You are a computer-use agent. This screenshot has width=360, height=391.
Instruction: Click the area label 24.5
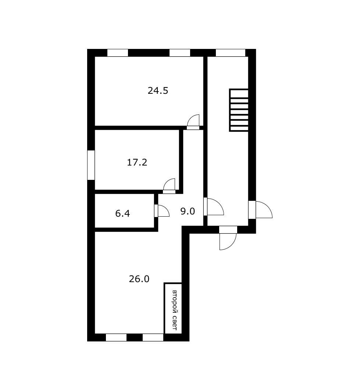coord(158,90)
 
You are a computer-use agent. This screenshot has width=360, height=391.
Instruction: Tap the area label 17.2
coord(137,162)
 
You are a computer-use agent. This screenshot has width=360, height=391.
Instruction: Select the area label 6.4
coord(122,213)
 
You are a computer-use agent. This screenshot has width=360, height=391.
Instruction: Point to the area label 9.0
coord(187,211)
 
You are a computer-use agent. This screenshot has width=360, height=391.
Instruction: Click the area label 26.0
coord(139,279)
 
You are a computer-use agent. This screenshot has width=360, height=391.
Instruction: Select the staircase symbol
coord(239,110)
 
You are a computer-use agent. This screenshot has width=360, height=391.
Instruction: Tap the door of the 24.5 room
coord(193,122)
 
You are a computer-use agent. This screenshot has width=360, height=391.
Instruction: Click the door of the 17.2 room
coord(170,186)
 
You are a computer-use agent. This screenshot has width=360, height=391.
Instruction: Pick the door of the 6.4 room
coord(161,211)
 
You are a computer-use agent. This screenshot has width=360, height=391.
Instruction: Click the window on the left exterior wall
coord(91,165)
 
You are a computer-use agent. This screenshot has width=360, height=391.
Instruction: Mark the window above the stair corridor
coord(230,53)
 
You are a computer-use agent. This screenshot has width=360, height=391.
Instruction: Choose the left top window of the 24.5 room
coord(118,53)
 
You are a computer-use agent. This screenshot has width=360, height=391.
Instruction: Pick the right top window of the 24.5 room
coord(180,53)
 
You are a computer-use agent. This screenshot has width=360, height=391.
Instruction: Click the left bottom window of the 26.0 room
coord(116,337)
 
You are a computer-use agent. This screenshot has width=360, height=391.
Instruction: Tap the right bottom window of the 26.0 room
coord(153,337)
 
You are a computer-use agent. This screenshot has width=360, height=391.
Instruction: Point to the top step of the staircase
coord(239,93)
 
